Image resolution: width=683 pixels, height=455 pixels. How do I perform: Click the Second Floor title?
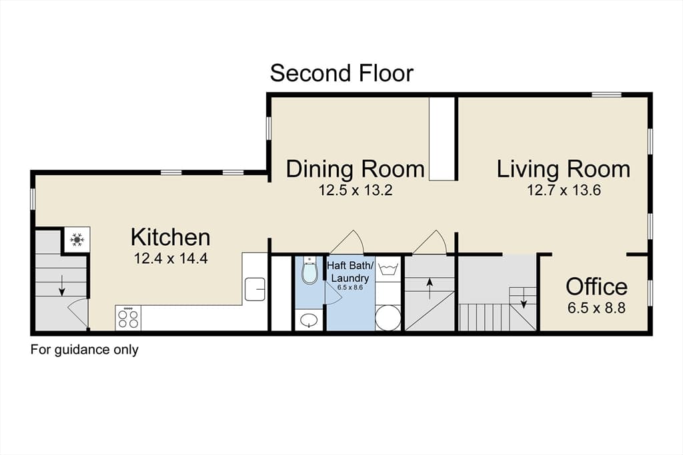[341, 73]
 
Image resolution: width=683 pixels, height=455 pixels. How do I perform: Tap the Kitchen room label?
[170, 238]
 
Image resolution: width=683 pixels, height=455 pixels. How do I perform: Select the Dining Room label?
[355, 169]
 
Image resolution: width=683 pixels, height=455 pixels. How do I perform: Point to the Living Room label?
[563, 169]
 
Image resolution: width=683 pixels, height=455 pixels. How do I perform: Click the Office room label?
[596, 286]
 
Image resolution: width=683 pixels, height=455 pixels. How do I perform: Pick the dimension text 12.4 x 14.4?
[171, 258]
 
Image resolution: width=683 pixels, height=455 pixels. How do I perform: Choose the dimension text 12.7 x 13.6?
[564, 190]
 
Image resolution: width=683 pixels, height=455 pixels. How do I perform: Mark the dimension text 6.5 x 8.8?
[596, 308]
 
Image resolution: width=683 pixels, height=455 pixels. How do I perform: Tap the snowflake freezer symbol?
[77, 239]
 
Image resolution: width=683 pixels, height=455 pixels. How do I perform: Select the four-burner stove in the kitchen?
[128, 318]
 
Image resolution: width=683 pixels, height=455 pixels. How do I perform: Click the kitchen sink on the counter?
[255, 289]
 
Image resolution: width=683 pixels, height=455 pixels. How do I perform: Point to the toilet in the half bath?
[309, 271]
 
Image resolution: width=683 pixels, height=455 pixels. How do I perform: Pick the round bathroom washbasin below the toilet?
[309, 320]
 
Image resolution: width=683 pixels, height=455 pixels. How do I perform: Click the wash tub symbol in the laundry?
[388, 268]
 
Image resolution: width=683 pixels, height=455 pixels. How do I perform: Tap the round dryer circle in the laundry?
[388, 318]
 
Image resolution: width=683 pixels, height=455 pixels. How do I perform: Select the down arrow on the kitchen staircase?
[62, 285]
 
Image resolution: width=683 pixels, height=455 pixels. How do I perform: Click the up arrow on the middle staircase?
[430, 289]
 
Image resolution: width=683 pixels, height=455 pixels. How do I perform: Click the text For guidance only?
[85, 350]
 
